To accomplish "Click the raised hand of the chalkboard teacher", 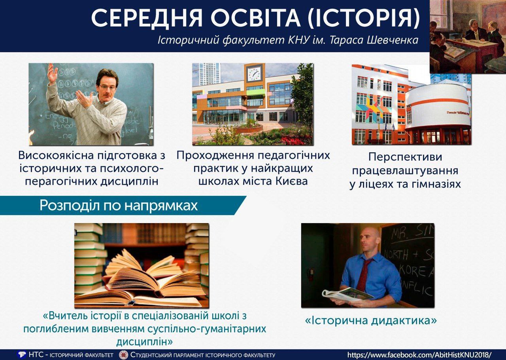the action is [53, 72].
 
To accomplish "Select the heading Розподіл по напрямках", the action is [119, 205].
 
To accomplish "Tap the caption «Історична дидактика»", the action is [371, 320].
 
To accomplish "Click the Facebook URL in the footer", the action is [419, 354].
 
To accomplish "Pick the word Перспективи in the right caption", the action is [405, 157].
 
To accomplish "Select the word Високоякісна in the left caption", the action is [56, 155].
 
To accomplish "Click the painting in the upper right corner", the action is [468, 37].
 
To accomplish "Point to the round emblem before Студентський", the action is [123, 354].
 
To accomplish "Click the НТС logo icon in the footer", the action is [22, 354].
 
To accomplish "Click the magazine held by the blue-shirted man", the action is [348, 295].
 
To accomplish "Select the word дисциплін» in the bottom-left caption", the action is [144, 341].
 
